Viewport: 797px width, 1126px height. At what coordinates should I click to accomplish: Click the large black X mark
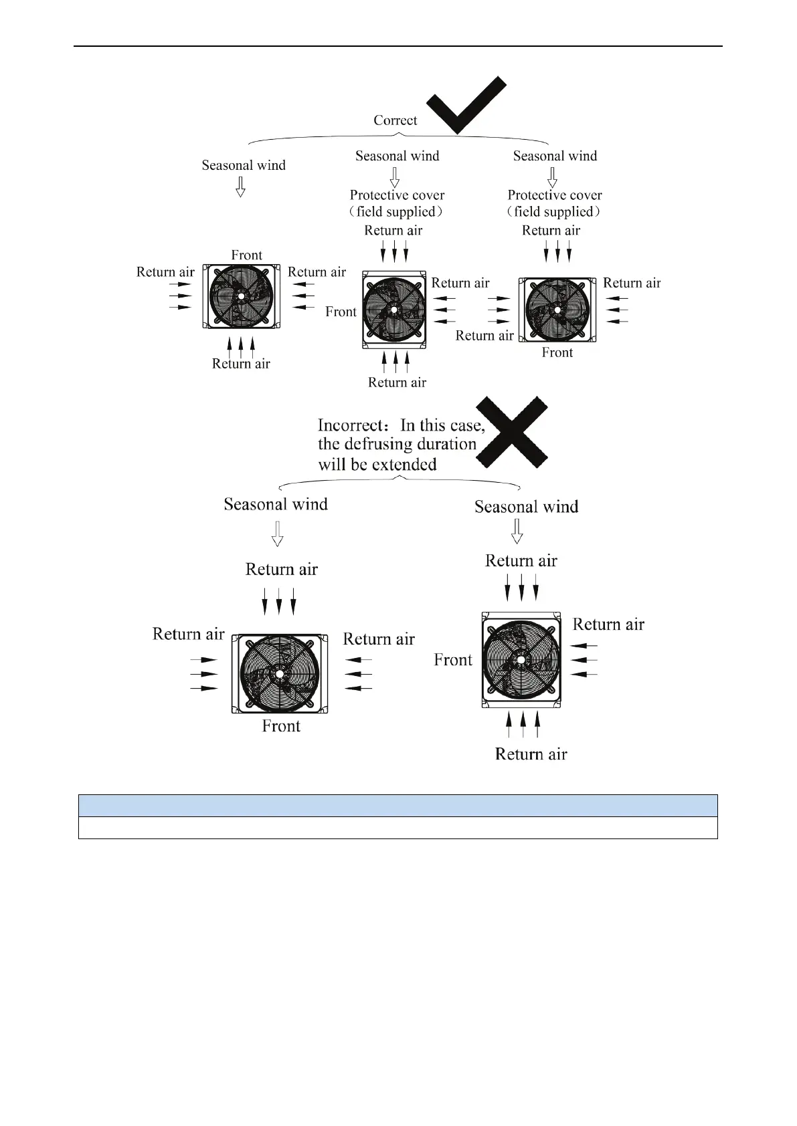pos(512,432)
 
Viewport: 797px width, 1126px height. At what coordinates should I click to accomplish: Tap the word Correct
pos(395,120)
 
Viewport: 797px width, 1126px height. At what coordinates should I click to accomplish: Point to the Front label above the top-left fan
pos(246,255)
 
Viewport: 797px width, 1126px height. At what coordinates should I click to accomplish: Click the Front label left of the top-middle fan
pos(341,312)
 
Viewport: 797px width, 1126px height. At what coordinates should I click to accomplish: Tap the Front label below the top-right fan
pos(557,352)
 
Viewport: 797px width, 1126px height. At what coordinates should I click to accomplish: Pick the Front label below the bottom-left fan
pos(281,726)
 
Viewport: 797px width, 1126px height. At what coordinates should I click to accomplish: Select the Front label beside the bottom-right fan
pos(452,660)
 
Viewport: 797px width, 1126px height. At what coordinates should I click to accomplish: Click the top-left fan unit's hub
pos(241,295)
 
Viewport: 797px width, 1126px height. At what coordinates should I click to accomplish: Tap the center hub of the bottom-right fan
pos(521,659)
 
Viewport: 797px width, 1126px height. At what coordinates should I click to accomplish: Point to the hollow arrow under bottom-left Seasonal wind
pos(277,534)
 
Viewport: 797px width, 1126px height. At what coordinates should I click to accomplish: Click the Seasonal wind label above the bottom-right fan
pos(526,507)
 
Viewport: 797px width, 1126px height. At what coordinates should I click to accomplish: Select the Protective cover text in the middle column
pos(397,195)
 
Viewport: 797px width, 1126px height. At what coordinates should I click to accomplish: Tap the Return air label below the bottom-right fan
pos(531,754)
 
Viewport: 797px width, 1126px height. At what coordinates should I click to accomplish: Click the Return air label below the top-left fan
pos(241,364)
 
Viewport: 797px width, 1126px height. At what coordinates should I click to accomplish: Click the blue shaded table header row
pos(397,806)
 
